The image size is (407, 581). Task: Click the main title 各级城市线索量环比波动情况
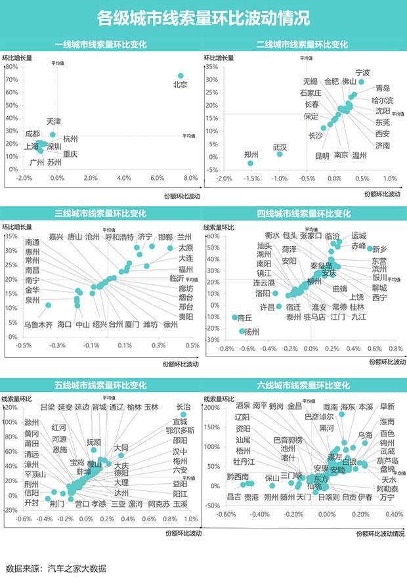click(203, 18)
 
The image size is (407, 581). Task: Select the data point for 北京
click(181, 75)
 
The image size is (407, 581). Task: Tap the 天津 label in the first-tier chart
click(54, 122)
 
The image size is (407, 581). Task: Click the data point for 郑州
click(251, 163)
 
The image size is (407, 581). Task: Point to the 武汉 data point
click(280, 154)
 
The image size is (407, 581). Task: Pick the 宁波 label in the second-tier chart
click(362, 72)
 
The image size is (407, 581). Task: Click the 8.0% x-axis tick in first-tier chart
click(190, 179)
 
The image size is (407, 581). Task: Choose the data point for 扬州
click(242, 332)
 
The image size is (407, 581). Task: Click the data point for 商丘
click(234, 318)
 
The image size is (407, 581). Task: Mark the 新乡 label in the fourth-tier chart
click(381, 249)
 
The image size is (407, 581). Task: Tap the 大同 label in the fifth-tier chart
click(121, 448)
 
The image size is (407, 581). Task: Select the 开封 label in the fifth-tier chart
click(32, 502)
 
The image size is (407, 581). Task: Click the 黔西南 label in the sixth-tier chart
click(238, 477)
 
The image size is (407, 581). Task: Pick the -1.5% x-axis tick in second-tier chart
click(251, 179)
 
